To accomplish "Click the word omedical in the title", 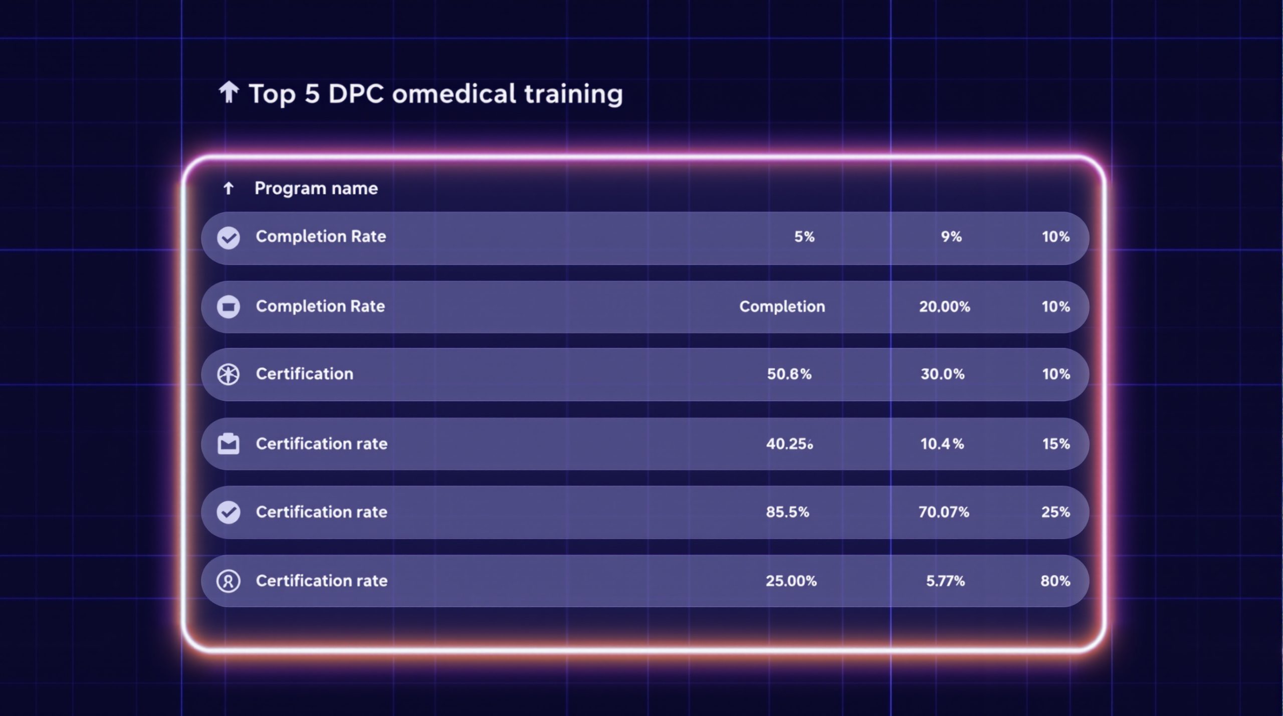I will click(454, 94).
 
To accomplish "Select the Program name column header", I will click(316, 188).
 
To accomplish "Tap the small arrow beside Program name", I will click(229, 188).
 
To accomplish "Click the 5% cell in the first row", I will click(804, 236).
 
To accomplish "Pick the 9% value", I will click(951, 236).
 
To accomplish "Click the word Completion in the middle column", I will click(782, 306).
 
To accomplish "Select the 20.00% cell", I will click(944, 306).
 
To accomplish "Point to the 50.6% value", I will click(789, 374).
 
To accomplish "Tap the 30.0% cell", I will click(942, 374).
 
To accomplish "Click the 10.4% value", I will click(942, 443).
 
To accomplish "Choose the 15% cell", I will click(1056, 443).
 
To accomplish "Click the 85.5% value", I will click(787, 512).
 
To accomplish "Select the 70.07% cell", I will click(944, 512).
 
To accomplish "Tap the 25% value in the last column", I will click(1055, 512).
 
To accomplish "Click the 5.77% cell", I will click(945, 581).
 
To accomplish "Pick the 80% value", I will click(1055, 581).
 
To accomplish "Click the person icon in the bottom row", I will click(228, 581).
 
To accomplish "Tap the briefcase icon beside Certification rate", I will click(229, 444).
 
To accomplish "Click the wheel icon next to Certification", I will click(229, 374).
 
